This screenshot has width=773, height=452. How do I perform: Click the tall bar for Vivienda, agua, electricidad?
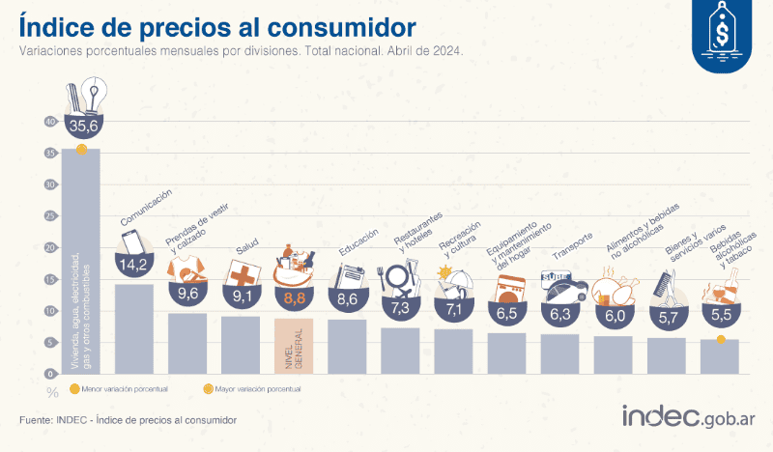point(80,261)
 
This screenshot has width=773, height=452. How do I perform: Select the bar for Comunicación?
point(133,328)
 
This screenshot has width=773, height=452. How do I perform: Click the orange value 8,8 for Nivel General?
point(294,298)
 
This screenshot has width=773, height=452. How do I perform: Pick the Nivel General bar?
point(294,346)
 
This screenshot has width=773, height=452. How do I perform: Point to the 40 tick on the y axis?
point(51,122)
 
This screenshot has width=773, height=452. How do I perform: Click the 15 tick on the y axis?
point(51,279)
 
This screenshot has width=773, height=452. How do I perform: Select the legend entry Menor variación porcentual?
point(120,388)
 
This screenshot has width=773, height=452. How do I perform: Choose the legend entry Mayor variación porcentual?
point(251,388)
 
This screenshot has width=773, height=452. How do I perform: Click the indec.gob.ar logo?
point(688,417)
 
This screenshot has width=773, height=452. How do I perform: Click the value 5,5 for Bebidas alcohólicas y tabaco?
point(720,314)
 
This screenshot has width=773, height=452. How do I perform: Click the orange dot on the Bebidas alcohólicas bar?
point(721,338)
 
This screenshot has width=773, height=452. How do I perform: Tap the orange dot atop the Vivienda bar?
point(81,148)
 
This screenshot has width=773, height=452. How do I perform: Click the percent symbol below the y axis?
point(51,391)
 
